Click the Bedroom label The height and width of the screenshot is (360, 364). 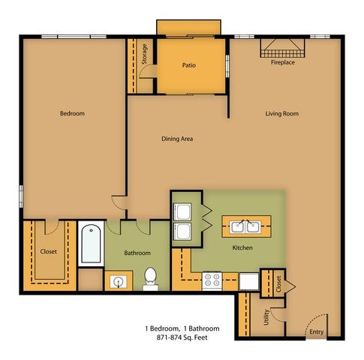click(72, 113)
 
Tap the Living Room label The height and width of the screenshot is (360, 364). click(282, 114)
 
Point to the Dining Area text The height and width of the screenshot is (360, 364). click(177, 139)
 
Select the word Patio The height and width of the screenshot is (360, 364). click(189, 65)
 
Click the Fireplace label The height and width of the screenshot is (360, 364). click(283, 62)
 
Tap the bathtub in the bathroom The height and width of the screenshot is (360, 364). click(91, 243)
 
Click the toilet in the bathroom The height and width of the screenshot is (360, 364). click(151, 279)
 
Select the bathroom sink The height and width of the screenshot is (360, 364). click(118, 282)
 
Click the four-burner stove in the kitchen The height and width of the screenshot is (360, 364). click(212, 280)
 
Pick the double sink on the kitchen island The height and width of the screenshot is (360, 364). click(245, 227)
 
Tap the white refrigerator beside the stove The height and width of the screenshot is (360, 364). click(249, 281)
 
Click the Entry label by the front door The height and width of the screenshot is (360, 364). click(317, 332)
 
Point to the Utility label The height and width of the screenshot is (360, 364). click(266, 317)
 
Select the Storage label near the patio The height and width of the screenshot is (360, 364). click(144, 54)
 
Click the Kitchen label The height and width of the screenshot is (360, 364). click(242, 247)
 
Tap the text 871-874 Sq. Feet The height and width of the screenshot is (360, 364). click(182, 337)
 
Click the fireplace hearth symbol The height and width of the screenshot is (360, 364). click(283, 48)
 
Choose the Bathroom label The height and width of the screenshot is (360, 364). click(137, 253)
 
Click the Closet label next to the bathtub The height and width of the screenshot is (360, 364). click(49, 251)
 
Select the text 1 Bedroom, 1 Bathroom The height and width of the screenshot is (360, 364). click(182, 328)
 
